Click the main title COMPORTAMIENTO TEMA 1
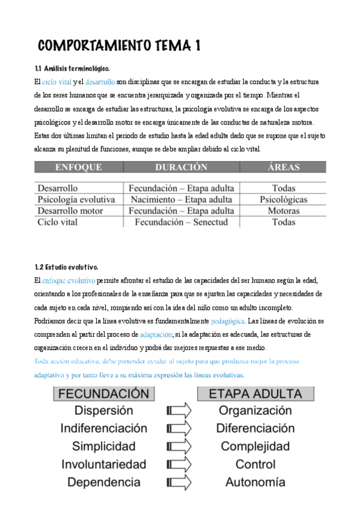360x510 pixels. click(119, 46)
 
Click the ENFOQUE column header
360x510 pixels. click(78, 167)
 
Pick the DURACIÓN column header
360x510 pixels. click(181, 167)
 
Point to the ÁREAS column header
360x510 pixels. click(283, 167)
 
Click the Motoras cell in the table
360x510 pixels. click(283, 210)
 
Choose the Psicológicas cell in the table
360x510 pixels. click(283, 199)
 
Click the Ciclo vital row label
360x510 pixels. click(58, 222)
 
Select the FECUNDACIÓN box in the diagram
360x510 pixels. click(103, 394)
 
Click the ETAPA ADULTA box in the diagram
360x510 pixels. click(255, 394)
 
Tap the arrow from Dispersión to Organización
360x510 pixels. click(178, 411)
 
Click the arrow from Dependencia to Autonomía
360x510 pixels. click(178, 482)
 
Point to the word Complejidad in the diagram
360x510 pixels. click(255, 446)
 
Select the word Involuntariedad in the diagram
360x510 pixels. click(103, 464)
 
